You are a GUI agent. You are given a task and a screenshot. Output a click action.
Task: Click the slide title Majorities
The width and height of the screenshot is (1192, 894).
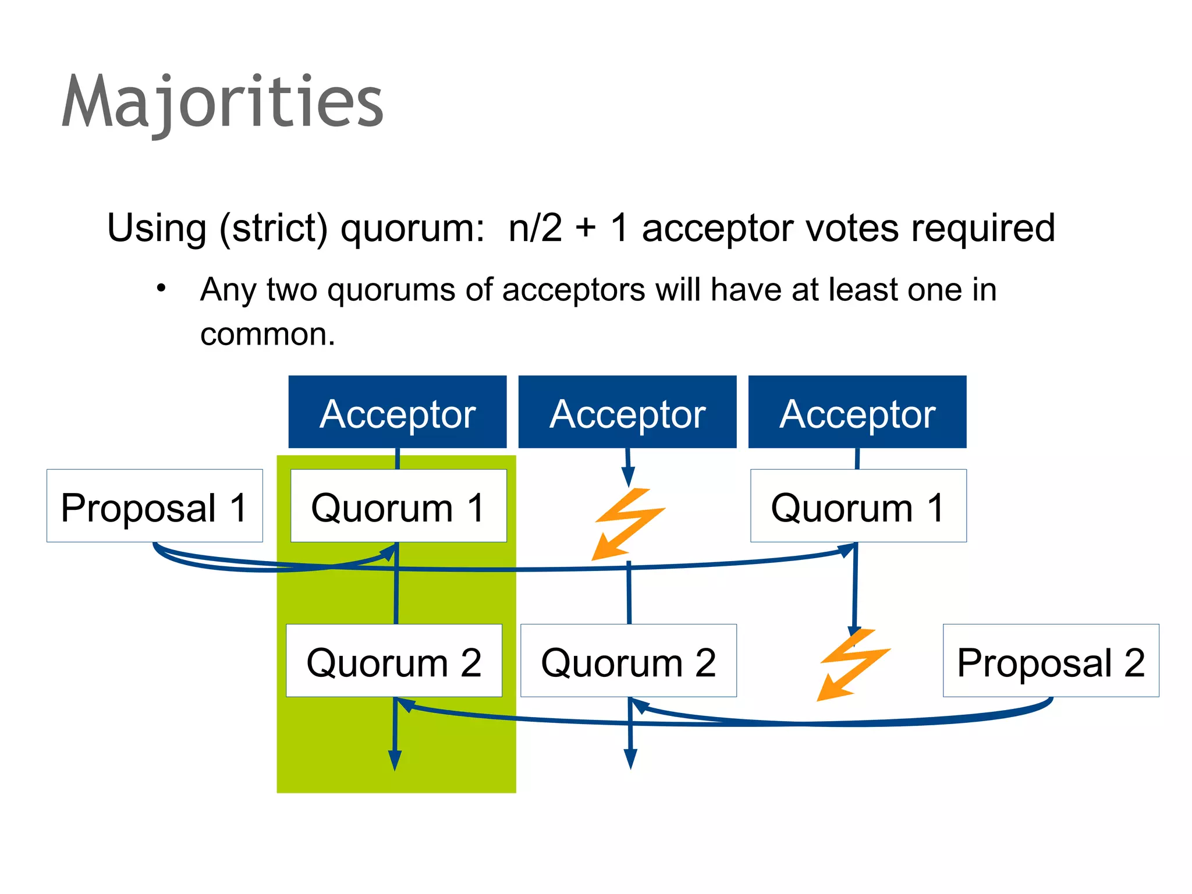coord(222,102)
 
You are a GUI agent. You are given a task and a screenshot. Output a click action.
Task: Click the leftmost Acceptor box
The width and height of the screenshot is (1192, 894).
coord(398,412)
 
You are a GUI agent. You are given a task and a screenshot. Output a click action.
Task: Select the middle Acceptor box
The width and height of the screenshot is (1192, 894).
coord(627,412)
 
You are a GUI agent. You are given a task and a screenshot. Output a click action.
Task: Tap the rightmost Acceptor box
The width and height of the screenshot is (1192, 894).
coord(857,412)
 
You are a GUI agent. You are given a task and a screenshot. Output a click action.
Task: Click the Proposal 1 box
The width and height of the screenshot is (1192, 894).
coord(155,506)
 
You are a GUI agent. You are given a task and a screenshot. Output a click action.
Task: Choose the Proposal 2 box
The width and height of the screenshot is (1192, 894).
coord(1051,661)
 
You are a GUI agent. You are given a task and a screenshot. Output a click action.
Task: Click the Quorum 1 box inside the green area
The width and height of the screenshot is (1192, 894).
coord(399,506)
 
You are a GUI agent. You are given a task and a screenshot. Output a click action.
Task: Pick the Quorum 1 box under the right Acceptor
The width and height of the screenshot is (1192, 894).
coord(858,506)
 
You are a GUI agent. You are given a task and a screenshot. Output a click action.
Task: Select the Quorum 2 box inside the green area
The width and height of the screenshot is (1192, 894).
coord(394,661)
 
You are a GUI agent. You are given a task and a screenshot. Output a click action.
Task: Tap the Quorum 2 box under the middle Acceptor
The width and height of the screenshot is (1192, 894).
coord(629,661)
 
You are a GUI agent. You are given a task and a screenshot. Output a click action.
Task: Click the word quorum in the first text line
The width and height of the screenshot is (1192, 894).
coord(413,229)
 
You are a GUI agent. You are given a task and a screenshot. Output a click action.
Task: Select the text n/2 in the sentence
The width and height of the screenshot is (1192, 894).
coord(535,228)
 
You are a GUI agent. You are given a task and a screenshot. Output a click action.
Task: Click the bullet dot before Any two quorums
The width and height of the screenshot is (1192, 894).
coord(162,288)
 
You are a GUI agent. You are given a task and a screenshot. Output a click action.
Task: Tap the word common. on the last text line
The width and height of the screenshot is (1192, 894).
coord(268,335)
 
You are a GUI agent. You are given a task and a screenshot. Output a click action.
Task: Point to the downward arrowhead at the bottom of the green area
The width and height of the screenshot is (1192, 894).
coord(395,760)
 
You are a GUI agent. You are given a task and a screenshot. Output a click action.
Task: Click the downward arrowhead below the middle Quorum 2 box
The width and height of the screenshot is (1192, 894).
coord(630,758)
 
